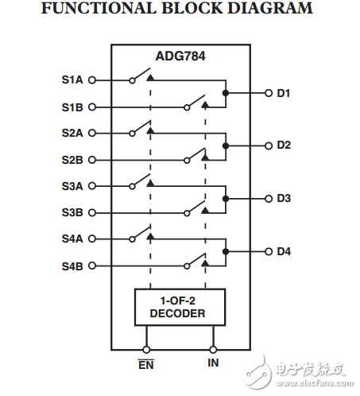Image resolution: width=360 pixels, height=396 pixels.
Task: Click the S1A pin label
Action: point(72,80)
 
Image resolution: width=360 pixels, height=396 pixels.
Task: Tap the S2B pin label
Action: point(72,159)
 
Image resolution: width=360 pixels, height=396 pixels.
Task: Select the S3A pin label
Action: point(72,185)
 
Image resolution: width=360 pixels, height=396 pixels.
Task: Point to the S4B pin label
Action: point(72,265)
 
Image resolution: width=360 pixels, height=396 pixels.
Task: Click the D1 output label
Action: point(284,93)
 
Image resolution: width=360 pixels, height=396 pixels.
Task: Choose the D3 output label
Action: point(284,198)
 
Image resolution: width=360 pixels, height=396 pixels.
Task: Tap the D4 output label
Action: point(284,251)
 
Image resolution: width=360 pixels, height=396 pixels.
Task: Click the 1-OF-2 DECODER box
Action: point(180,308)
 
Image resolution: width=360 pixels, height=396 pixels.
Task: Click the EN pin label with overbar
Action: point(145,364)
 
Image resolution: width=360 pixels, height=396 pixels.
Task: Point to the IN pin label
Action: point(213,363)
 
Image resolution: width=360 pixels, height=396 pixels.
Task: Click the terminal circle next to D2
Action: point(268,146)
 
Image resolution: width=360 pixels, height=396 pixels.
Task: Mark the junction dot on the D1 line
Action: point(226,93)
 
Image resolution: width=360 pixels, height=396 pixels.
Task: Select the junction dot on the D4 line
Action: point(226,251)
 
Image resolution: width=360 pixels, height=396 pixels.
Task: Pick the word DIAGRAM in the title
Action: point(273,10)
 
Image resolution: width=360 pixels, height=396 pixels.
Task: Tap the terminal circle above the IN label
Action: point(213,348)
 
